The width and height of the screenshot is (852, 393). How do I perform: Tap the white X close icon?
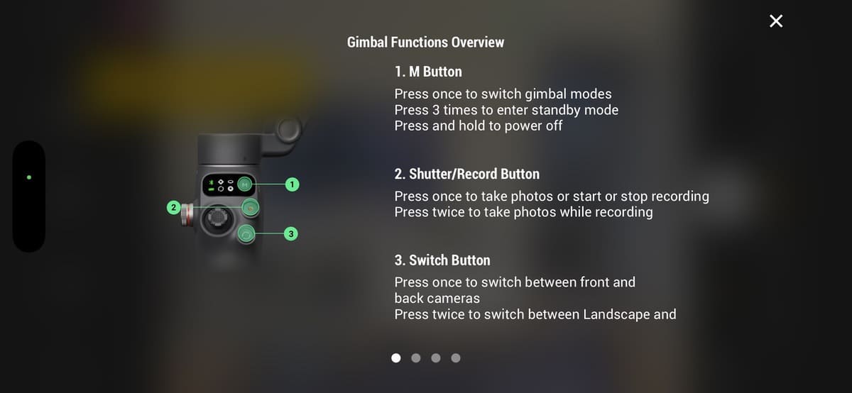[776, 21]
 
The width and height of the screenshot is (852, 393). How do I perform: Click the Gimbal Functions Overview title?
[425, 42]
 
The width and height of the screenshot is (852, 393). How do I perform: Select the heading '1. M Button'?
[428, 72]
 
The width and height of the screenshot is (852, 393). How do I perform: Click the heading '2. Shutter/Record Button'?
[466, 174]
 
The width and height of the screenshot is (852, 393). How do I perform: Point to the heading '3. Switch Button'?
[442, 260]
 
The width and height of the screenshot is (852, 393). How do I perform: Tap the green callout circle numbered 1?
[292, 184]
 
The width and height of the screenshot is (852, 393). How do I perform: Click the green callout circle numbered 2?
[173, 208]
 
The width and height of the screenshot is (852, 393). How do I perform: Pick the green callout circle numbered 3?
[291, 234]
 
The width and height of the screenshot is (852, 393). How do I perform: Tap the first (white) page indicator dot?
[396, 358]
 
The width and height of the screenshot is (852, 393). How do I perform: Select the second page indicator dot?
[416, 358]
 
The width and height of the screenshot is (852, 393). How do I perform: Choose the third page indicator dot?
[436, 358]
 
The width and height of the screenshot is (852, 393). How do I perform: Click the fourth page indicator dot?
[456, 358]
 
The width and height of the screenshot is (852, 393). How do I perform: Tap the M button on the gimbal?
[246, 184]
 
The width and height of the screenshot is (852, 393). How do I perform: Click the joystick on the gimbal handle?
[217, 218]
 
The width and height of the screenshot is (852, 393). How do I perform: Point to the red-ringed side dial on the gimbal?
[186, 215]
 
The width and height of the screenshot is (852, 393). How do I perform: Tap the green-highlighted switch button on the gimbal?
[246, 235]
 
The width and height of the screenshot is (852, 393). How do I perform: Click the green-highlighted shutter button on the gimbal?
[250, 208]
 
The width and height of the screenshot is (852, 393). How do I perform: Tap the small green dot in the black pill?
[29, 177]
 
